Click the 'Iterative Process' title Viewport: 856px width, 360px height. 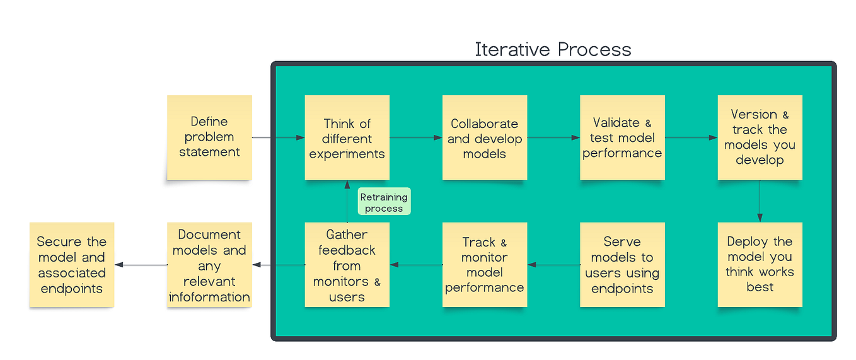[x=553, y=49]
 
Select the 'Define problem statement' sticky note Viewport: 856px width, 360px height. [x=209, y=137]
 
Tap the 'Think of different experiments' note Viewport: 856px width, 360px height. [x=347, y=138]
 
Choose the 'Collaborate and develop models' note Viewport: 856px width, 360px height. [x=484, y=138]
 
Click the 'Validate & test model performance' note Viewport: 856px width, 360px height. [x=622, y=138]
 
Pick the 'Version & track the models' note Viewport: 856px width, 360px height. [x=760, y=137]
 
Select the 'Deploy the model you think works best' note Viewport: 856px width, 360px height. [x=760, y=264]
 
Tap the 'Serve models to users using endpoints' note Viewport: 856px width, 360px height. [x=622, y=265]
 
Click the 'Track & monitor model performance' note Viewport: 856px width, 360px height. [x=484, y=265]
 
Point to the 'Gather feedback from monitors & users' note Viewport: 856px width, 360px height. [x=347, y=265]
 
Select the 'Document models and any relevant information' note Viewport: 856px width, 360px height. [x=209, y=265]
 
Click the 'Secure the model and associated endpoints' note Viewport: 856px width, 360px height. [x=72, y=265]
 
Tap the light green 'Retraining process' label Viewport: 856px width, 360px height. [x=384, y=202]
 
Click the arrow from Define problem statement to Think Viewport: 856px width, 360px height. [x=278, y=137]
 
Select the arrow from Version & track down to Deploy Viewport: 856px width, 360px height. [x=760, y=201]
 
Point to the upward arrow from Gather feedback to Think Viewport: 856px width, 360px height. [x=347, y=201]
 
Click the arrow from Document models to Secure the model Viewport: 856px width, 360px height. [x=141, y=265]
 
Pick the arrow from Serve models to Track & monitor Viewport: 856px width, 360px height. [x=553, y=265]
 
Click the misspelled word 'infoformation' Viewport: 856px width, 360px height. [x=209, y=297]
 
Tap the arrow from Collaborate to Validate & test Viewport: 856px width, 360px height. [x=553, y=137]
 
